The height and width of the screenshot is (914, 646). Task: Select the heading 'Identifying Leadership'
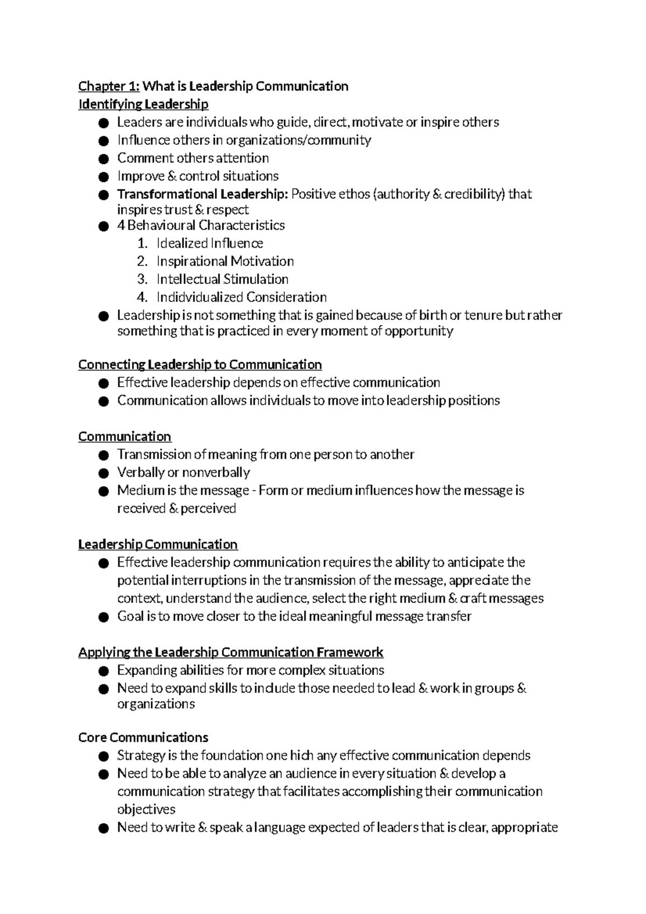point(143,104)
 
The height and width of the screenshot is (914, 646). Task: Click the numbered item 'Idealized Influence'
point(209,243)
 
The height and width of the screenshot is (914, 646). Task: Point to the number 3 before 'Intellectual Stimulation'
point(142,279)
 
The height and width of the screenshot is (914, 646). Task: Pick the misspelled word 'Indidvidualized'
point(200,297)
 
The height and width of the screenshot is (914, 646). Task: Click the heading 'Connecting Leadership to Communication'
point(200,364)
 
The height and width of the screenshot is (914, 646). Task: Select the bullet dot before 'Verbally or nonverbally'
point(104,473)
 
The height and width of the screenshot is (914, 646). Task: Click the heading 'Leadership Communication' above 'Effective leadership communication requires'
point(158,544)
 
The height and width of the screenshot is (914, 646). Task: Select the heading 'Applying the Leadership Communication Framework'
point(230,652)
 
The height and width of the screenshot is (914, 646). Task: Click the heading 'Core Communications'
point(143,737)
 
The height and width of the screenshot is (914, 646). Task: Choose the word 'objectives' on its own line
point(146,810)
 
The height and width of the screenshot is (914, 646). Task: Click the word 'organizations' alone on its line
point(156,704)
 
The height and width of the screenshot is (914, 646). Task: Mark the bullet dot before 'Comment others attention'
point(104,159)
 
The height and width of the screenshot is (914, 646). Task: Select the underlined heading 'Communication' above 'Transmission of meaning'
point(124,437)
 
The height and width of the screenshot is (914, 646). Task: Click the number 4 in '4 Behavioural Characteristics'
point(121,225)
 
